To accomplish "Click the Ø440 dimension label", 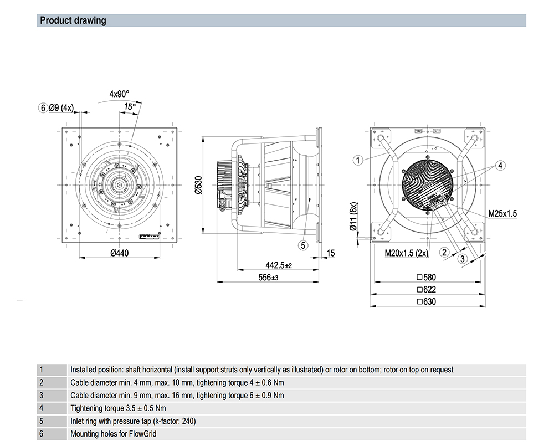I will click(x=119, y=253).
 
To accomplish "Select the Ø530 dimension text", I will click(x=198, y=185).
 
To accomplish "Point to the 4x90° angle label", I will click(x=119, y=94).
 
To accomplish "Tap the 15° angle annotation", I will click(x=130, y=106).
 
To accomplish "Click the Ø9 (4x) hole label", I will click(x=61, y=108).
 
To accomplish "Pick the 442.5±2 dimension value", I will click(x=279, y=265).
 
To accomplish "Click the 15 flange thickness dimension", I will click(x=331, y=253).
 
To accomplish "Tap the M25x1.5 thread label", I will click(x=502, y=213).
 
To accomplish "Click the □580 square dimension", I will click(x=426, y=277).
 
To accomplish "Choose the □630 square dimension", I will click(x=426, y=302).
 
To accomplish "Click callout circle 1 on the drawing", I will click(x=358, y=161).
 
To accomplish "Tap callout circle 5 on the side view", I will click(x=302, y=245).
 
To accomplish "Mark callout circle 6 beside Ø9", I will click(x=43, y=108).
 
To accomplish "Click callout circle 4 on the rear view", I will click(x=500, y=165).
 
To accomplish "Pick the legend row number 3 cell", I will click(x=41, y=396).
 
